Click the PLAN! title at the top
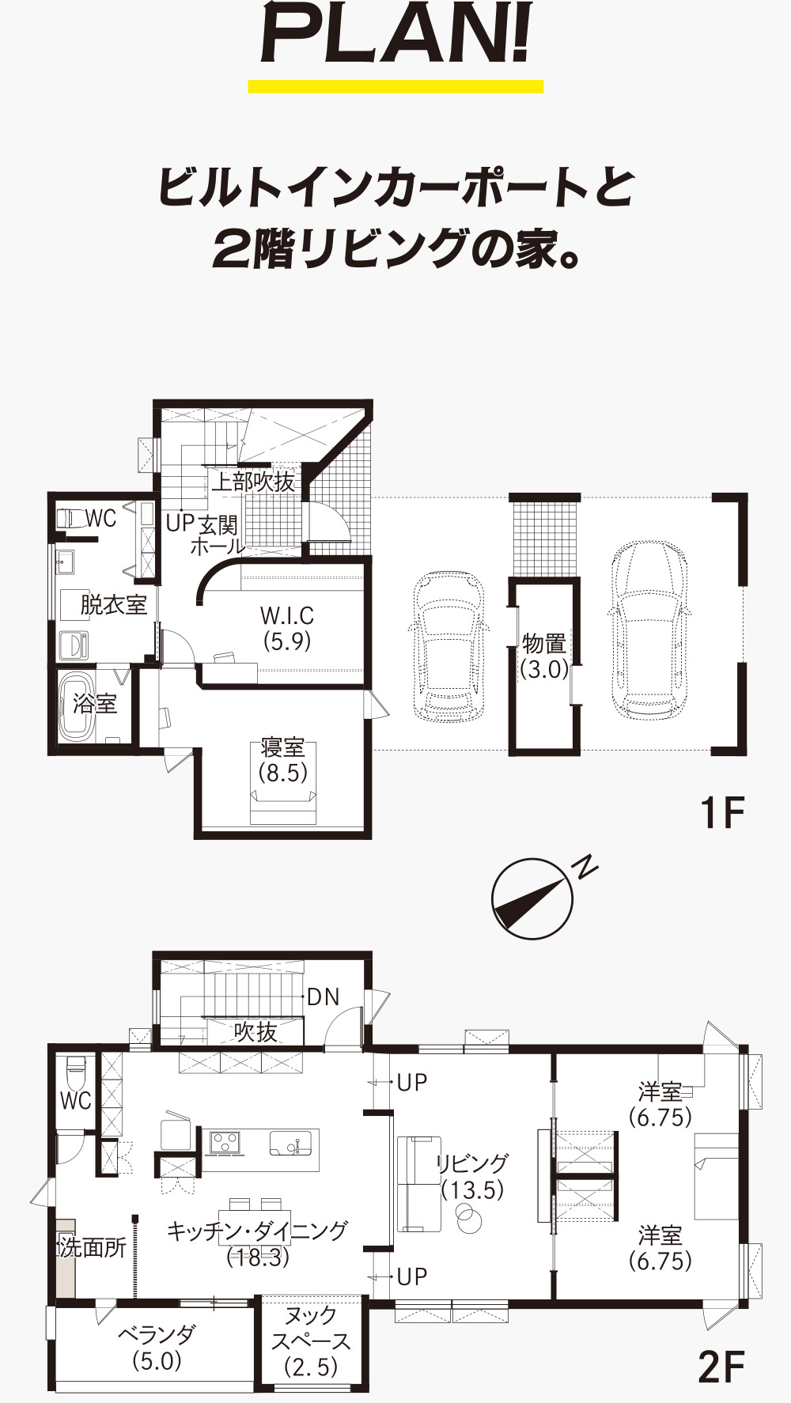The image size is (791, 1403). (x=395, y=36)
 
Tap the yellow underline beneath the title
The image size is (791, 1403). (x=395, y=86)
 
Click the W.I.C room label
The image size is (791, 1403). (x=287, y=628)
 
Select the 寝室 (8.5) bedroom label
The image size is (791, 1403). (x=283, y=760)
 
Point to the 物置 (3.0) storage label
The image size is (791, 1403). (x=544, y=656)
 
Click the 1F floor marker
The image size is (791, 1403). (x=723, y=812)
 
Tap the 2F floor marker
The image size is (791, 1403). (x=721, y=1367)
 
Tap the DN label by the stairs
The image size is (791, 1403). (x=323, y=996)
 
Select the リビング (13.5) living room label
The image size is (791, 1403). (x=472, y=1176)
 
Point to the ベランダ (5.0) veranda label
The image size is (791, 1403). (x=157, y=1348)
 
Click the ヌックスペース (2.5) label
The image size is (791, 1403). (x=311, y=1341)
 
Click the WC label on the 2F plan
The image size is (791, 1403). (x=76, y=1100)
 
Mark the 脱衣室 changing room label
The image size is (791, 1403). (x=113, y=605)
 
